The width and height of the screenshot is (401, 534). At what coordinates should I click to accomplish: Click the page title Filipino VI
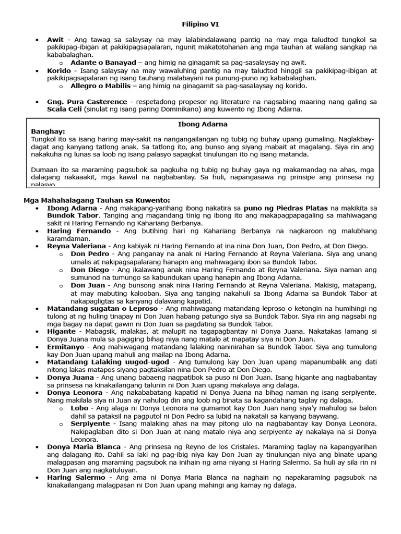coord(200,25)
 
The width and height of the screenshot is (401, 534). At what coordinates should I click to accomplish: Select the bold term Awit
coord(55,40)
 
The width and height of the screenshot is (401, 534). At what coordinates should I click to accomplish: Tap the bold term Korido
coord(58,70)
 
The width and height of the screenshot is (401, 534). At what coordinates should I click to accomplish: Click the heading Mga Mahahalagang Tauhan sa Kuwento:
coord(97,201)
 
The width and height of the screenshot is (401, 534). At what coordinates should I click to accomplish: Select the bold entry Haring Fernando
coord(79,230)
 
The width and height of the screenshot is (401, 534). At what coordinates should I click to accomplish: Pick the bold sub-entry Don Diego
coord(90,270)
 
